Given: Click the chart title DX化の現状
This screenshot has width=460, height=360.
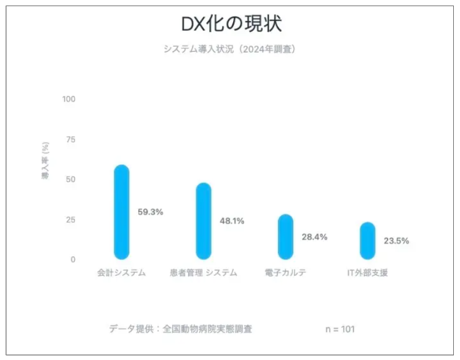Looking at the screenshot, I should [230, 23].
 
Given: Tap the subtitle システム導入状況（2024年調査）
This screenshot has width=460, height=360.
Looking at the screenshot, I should [229, 49].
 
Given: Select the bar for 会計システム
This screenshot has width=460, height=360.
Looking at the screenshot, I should [122, 212].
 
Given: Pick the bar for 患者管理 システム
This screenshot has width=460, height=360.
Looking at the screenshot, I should [204, 221].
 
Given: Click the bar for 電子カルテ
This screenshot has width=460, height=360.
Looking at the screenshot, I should [285, 237].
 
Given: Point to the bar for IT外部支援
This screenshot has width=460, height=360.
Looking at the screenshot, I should [367, 241].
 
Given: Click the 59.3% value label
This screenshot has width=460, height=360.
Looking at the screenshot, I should [150, 212].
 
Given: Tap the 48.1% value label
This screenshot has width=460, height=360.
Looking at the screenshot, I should [232, 221].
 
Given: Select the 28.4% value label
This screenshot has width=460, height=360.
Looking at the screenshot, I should [314, 237].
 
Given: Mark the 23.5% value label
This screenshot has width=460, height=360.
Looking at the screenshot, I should [396, 241].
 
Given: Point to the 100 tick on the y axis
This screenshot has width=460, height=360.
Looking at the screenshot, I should [69, 99].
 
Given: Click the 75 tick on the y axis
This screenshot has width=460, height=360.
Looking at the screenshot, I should [71, 140].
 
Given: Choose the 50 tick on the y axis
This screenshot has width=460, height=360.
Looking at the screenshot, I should [71, 180].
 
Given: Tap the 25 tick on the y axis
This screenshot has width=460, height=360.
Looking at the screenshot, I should [71, 220].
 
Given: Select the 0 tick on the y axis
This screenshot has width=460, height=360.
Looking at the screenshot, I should [73, 260].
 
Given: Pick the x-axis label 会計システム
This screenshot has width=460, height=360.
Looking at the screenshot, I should [122, 273].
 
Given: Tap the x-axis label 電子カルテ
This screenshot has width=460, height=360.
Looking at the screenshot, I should [285, 273].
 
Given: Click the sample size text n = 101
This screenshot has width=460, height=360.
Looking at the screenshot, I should [340, 329].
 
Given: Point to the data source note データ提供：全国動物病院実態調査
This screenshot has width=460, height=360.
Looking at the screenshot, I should [181, 329].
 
